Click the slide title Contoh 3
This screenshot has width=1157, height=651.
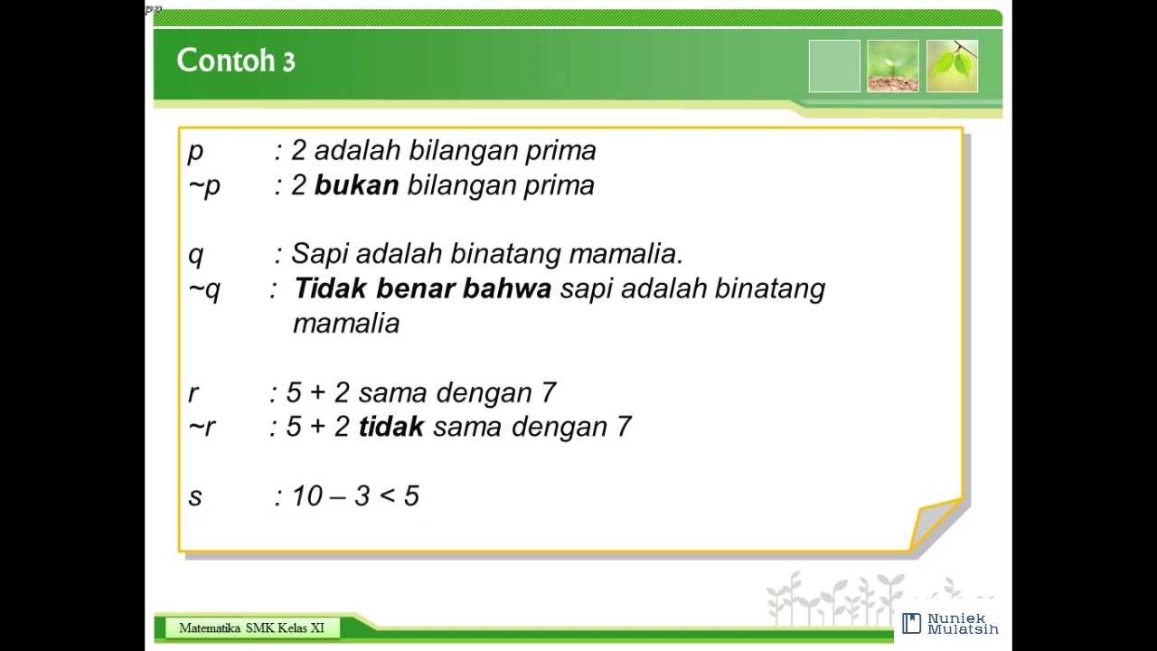[236, 61]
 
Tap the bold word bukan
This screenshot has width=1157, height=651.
[356, 185]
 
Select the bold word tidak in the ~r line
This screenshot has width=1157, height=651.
[390, 427]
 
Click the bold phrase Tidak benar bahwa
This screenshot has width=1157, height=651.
[422, 289]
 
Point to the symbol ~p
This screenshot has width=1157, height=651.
[204, 186]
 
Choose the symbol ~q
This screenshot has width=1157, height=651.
[204, 289]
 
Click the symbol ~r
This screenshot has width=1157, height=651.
[202, 427]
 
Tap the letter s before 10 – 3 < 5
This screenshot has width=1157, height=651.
[195, 496]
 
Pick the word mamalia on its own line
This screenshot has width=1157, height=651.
[346, 324]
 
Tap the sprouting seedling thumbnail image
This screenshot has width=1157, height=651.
[892, 66]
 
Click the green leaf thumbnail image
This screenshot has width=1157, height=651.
[952, 66]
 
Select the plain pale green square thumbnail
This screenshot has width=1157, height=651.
[834, 66]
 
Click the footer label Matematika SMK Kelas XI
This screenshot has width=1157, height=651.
[251, 628]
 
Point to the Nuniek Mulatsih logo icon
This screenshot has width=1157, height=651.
[911, 623]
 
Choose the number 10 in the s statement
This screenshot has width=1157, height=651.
[307, 496]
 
